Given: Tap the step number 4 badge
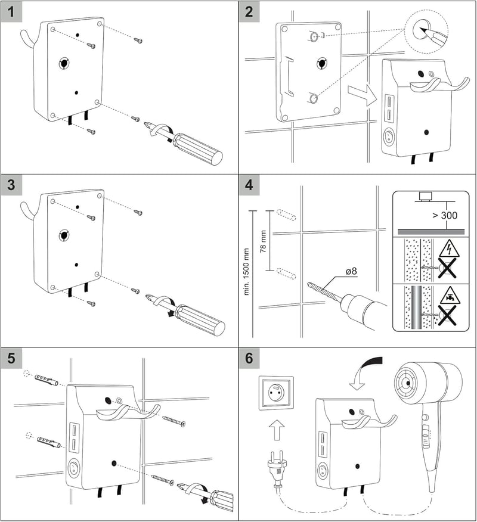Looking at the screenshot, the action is [249, 185].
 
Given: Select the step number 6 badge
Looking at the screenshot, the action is [249, 358].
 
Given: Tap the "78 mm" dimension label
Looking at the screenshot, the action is [263, 241].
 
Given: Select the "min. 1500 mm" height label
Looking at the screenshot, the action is [246, 272].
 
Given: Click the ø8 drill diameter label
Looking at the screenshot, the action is [351, 271].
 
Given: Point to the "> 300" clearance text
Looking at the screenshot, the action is [445, 215].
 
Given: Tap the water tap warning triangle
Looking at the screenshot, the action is [450, 296].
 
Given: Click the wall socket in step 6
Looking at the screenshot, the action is [277, 393].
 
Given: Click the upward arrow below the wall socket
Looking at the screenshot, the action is [277, 430].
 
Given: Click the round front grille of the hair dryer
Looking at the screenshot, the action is [407, 383].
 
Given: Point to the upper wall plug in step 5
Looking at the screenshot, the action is [46, 379].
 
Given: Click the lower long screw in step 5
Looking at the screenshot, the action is [163, 480].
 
